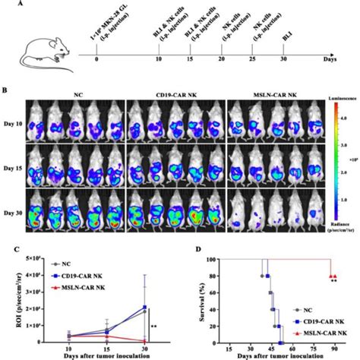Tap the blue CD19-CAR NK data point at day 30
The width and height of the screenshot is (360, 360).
coord(144,308)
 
